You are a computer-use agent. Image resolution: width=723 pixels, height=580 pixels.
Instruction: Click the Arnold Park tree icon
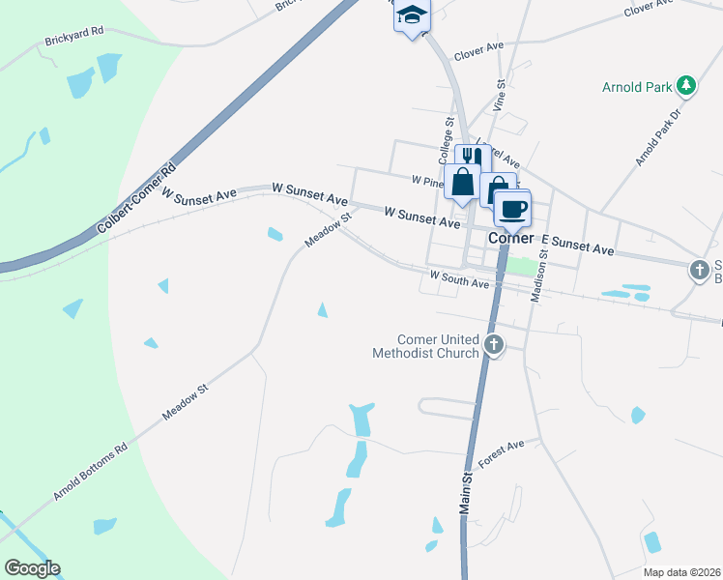click(687, 86)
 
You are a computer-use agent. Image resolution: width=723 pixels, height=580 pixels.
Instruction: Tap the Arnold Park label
click(636, 87)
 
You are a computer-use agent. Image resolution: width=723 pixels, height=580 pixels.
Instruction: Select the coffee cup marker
click(512, 208)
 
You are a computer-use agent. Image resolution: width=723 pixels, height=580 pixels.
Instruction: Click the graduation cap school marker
click(412, 15)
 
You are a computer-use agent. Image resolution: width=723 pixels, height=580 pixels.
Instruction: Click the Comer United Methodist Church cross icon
click(494, 344)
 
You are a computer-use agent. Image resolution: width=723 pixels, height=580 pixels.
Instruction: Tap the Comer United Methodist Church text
click(425, 346)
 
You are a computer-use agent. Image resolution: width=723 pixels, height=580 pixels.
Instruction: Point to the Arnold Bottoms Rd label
click(90, 474)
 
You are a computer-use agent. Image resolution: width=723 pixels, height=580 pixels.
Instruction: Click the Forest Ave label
click(501, 452)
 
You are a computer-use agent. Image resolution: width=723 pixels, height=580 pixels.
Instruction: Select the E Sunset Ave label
click(578, 244)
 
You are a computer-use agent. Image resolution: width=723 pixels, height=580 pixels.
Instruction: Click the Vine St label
click(500, 95)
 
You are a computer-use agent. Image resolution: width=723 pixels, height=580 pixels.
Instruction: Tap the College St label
click(446, 140)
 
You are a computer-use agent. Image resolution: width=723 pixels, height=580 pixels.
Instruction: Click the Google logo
click(32, 568)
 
